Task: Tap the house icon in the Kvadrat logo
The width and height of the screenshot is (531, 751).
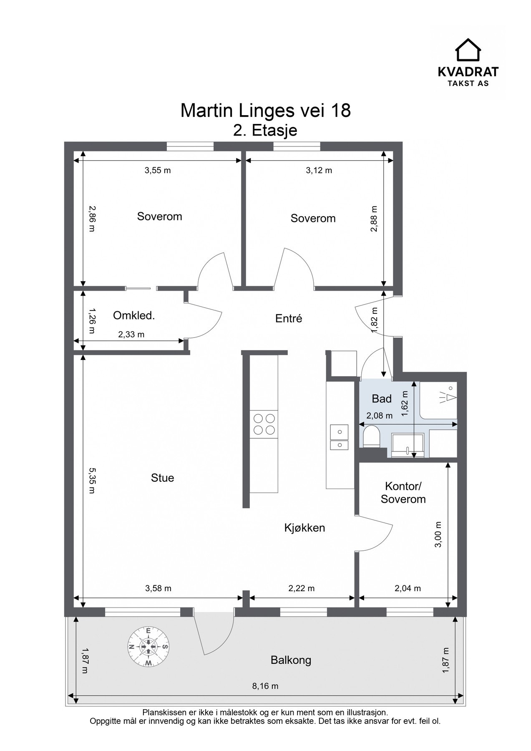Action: pos(468,50)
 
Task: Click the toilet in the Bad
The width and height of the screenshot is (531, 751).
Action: pos(370,437)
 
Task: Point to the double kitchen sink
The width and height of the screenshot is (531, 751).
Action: pos(339,438)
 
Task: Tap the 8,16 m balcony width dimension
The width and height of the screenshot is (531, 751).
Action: pos(265,686)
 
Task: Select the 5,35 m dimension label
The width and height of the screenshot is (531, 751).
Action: pos(92,481)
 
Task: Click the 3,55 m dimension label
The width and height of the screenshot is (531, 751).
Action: pos(158,170)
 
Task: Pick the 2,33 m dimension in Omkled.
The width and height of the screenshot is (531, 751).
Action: pos(131,334)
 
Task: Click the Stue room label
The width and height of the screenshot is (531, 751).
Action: pos(163,478)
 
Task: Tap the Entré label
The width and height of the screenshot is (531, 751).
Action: pos(289,318)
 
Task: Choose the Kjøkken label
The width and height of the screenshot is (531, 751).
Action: pos(305,528)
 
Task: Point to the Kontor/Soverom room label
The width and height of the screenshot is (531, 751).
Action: pos(403,493)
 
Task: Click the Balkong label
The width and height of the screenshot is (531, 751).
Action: pos(291,660)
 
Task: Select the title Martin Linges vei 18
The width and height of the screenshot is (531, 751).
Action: pos(266,111)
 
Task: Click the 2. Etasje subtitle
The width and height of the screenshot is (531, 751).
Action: pos(265,131)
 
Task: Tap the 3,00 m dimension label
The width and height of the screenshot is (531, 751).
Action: pos(438,534)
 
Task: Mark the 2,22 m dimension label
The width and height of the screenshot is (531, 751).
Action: pos(301,588)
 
